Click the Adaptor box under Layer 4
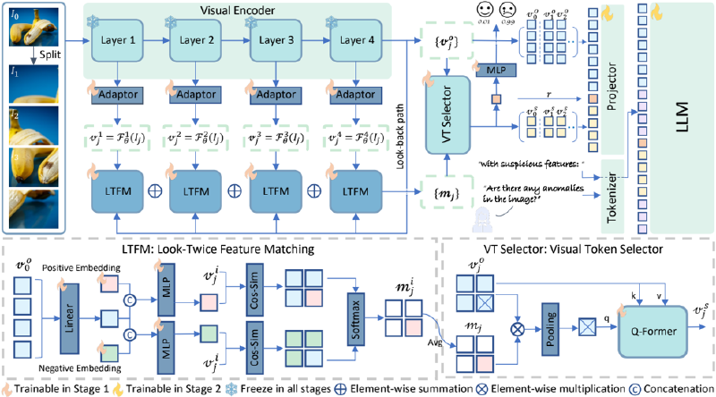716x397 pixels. point(354,93)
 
